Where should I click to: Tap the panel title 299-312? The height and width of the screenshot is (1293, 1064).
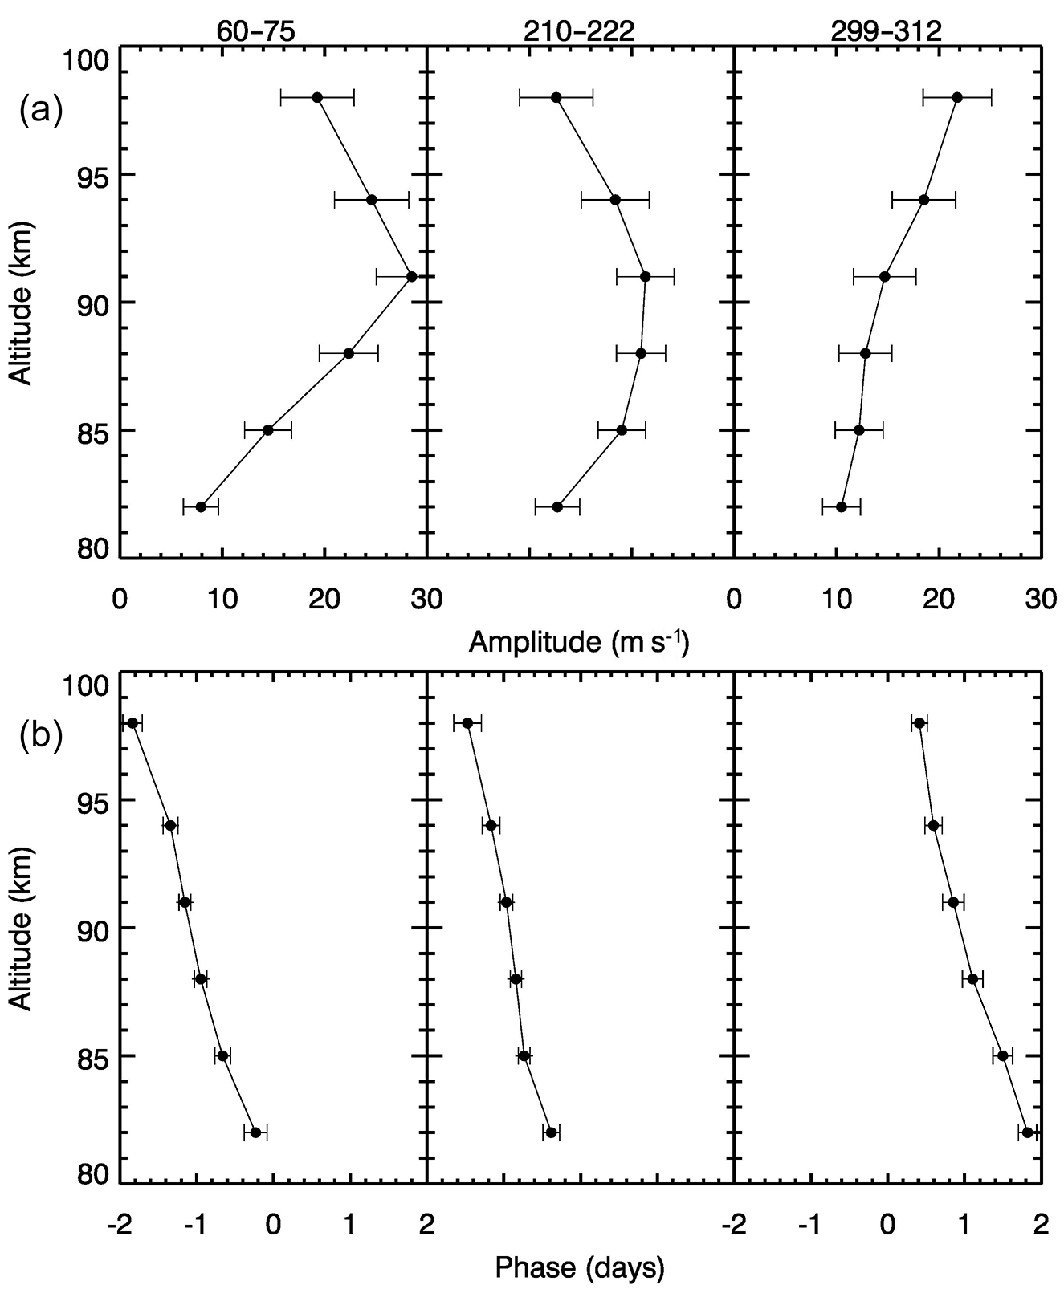887,30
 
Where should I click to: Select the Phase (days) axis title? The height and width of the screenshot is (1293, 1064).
580,1267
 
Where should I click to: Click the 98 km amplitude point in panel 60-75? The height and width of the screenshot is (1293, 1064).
317,97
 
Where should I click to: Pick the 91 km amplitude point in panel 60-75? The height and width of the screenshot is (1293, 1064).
412,277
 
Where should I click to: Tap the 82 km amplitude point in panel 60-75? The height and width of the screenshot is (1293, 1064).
201,506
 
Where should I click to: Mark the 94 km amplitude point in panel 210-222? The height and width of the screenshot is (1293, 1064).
615,200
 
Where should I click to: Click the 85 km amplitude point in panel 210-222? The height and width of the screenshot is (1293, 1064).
622,430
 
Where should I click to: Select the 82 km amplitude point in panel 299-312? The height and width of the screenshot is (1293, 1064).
842,506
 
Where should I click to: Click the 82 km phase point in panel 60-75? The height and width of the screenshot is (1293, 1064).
255,1132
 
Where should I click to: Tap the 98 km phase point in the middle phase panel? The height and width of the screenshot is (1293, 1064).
467,723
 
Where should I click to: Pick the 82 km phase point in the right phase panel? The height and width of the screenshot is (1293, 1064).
1027,1132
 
